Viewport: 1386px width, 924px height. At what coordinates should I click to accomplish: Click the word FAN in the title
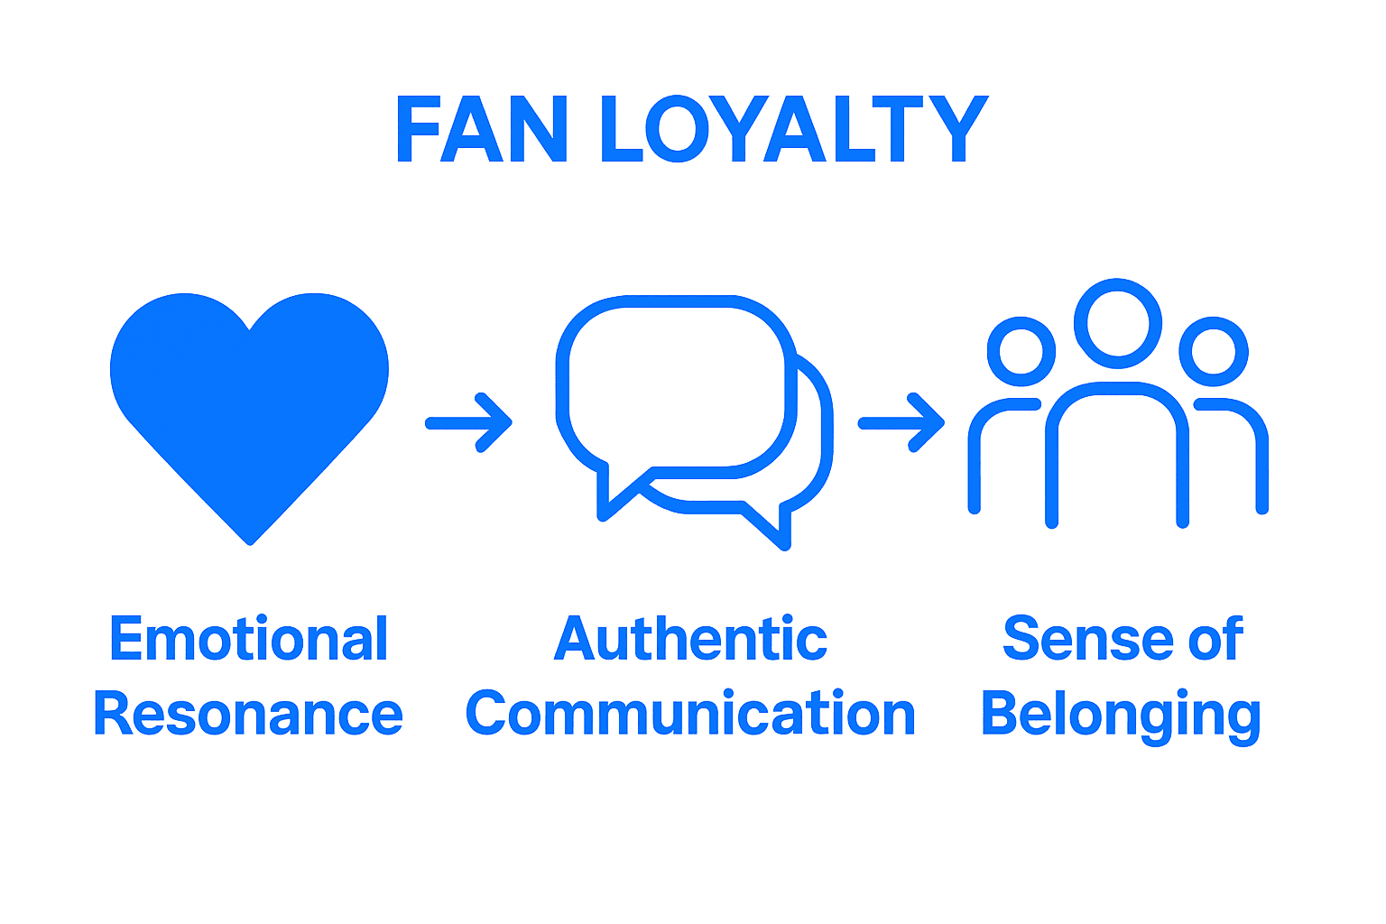(481, 129)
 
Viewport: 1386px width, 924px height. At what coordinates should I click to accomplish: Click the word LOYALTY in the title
(795, 129)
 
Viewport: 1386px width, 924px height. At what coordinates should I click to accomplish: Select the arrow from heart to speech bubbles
(468, 422)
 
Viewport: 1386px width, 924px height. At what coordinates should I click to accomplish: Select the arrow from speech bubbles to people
(901, 422)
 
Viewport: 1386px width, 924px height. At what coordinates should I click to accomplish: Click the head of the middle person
(1117, 324)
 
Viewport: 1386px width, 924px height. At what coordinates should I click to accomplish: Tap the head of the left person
(1021, 352)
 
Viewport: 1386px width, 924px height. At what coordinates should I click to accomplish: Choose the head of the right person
(1214, 352)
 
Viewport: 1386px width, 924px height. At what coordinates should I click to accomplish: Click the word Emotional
(249, 638)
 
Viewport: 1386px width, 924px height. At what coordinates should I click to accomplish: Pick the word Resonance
(248, 714)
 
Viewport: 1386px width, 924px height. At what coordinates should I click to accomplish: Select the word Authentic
(690, 638)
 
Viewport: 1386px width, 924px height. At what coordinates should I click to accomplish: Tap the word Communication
(690, 714)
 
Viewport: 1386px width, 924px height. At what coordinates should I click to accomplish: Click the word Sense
(1088, 639)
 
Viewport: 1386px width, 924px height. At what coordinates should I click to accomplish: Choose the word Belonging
(1122, 717)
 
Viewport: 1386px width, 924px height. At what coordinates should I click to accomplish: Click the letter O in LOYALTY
(678, 129)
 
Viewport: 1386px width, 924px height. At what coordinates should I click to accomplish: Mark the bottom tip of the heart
(250, 545)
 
